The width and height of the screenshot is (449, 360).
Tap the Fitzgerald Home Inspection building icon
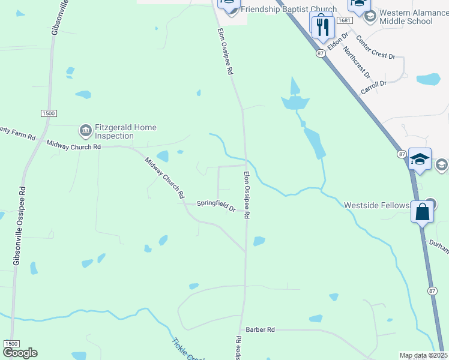coord(85,130)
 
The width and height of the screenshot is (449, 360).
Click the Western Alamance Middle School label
coord(406,17)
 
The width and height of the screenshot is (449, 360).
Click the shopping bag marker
coord(423,212)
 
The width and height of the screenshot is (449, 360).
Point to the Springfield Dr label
coord(216,206)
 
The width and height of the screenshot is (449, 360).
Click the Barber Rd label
coord(260,330)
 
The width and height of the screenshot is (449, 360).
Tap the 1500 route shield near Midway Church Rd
coord(49,113)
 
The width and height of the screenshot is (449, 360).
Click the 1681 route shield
coord(344,20)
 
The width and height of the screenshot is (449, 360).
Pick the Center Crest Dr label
coord(375,47)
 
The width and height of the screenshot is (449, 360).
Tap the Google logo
coord(20,353)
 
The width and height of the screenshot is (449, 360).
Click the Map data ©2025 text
coord(423,355)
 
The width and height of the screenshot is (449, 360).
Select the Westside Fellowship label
coord(376,205)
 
